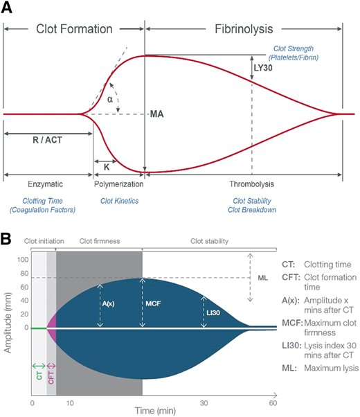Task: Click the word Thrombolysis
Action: [x=251, y=185]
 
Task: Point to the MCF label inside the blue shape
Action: [x=152, y=303]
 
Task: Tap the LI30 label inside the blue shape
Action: [x=213, y=314]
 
